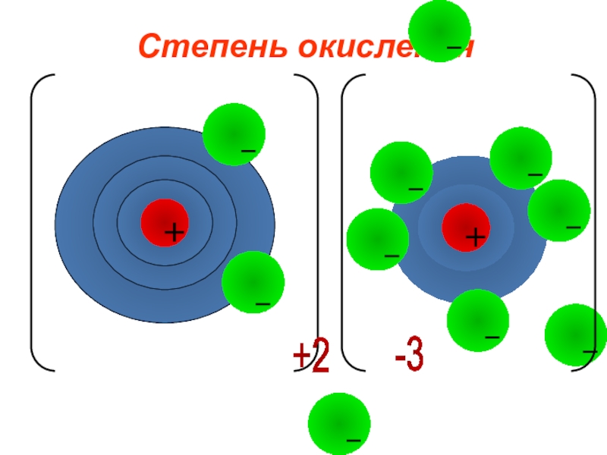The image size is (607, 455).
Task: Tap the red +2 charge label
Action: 311,356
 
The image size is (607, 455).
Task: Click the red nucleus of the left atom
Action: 165,222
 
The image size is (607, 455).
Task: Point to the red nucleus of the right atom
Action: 466,227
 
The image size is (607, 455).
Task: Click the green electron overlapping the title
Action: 439,30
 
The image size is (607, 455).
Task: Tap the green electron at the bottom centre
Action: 339,423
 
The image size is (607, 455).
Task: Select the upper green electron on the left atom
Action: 234,134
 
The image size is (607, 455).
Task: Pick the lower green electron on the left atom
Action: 253,282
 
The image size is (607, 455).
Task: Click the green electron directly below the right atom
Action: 477,320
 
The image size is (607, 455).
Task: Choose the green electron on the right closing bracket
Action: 575,334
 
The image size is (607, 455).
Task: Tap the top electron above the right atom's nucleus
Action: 521,158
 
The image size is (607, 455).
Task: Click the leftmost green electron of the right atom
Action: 377,239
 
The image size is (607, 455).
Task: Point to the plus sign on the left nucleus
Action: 175,232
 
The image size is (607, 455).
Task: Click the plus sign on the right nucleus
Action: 476,238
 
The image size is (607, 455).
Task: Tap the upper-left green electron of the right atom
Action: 401,172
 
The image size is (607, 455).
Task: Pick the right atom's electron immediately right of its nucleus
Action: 558,210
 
